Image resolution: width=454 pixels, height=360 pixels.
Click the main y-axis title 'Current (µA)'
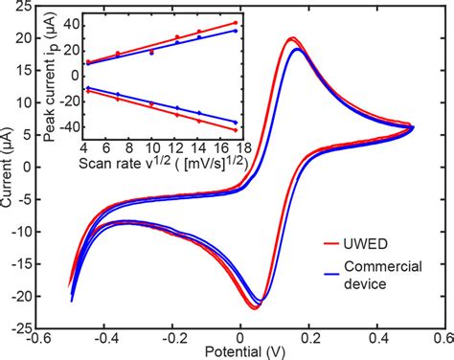10,167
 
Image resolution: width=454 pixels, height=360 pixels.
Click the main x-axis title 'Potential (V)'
244,351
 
